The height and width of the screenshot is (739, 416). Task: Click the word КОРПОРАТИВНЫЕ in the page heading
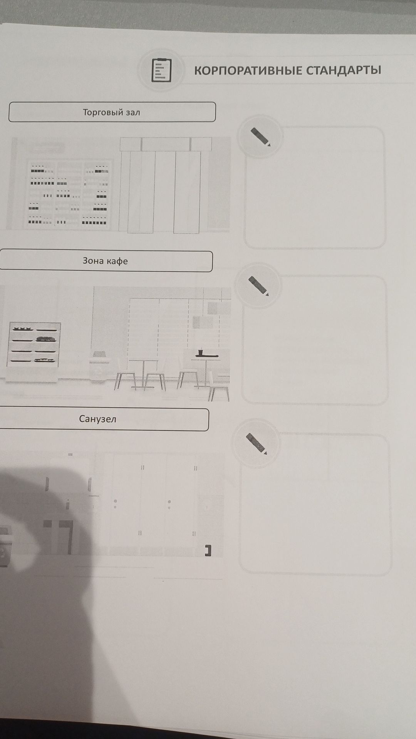[248, 70]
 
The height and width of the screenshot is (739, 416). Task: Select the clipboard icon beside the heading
[161, 70]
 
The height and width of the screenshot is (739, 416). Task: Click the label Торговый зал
[111, 112]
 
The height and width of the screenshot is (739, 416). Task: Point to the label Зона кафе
[105, 261]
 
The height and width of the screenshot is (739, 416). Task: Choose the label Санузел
[97, 419]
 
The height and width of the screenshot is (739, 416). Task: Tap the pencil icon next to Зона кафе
[258, 286]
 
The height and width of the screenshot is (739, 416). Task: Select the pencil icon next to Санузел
[257, 444]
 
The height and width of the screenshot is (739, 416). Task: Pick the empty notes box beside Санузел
[315, 504]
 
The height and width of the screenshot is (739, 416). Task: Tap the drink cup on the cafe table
[200, 352]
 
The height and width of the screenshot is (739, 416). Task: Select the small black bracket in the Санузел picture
[208, 551]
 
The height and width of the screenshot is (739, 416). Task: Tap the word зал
[133, 113]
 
